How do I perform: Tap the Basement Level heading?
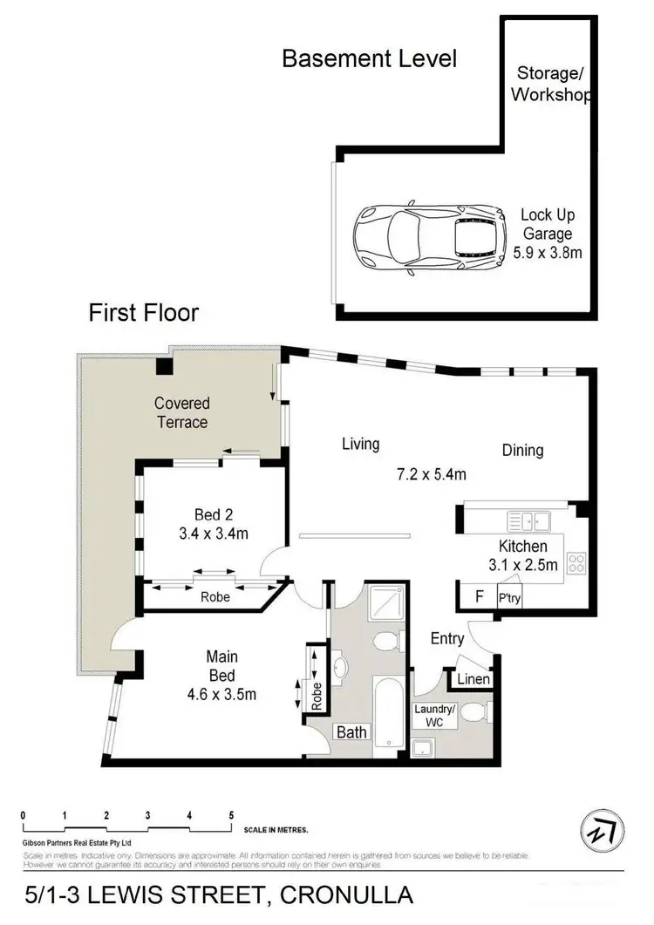[369, 59]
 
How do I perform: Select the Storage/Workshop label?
[549, 84]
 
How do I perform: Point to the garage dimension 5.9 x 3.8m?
[548, 252]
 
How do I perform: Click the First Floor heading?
[144, 313]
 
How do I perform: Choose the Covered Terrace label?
[181, 412]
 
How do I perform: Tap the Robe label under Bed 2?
[215, 599]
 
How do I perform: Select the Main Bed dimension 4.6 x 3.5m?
[221, 694]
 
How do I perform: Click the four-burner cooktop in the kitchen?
[576, 563]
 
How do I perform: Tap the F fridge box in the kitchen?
[477, 598]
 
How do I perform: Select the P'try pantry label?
[508, 599]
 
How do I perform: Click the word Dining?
[522, 450]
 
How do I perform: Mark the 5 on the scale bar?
[231, 815]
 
